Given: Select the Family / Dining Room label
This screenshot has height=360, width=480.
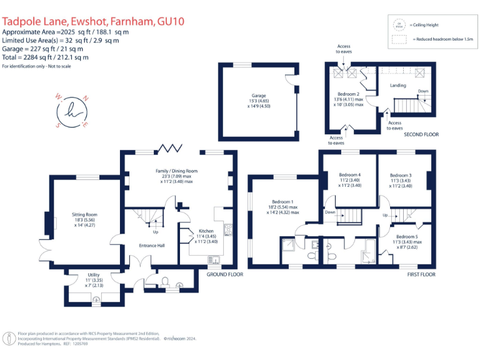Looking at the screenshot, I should click(176, 171).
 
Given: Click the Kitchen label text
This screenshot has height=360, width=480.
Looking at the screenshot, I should click(206, 231).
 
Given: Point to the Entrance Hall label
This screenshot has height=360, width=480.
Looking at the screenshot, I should click(152, 246).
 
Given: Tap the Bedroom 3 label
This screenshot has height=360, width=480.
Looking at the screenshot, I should click(400, 176).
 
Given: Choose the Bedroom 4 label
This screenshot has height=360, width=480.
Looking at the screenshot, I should click(349, 175).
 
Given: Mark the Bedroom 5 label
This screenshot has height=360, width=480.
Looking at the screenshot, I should click(407, 237).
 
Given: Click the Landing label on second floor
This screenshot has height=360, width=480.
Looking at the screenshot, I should click(397, 86).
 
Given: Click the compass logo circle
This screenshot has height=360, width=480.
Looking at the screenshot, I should click(72, 112).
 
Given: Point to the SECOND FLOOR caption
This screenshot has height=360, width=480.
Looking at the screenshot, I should click(421, 134).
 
